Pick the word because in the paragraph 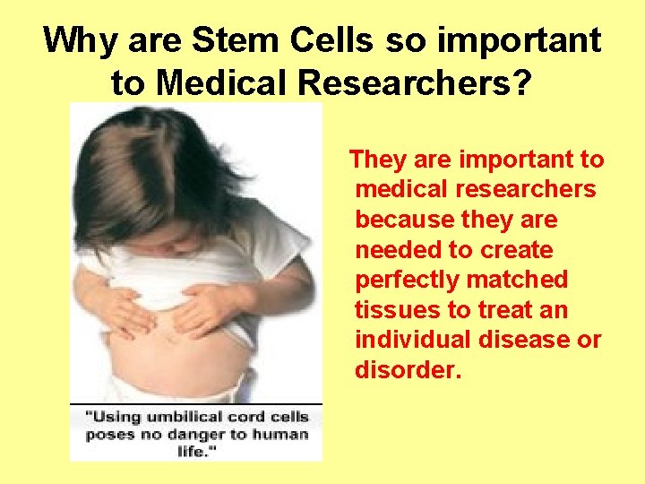pyautogui.click(x=404, y=220)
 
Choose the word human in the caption pyautogui.click(x=281, y=435)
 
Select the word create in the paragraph pyautogui.click(x=519, y=250)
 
